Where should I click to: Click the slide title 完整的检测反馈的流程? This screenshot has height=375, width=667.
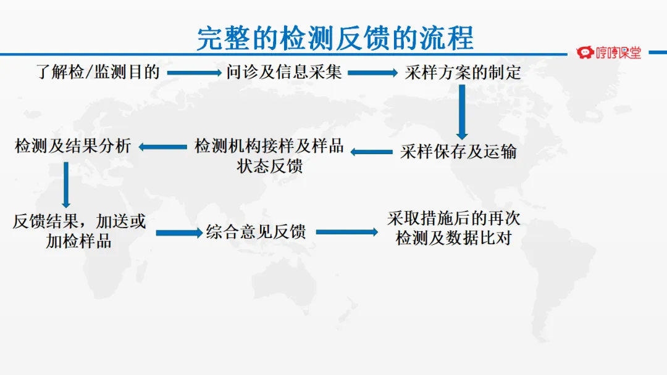(x=335, y=38)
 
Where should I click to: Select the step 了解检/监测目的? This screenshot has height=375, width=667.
(x=98, y=72)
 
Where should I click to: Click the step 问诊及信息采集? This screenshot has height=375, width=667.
(x=283, y=72)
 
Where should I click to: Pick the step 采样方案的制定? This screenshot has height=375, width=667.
(x=463, y=73)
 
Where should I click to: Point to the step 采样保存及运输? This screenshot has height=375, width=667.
(x=458, y=152)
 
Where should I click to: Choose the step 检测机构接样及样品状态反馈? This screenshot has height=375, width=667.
(x=269, y=156)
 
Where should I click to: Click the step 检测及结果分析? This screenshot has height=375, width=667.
(x=73, y=146)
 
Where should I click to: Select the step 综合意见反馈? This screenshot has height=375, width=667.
(x=256, y=232)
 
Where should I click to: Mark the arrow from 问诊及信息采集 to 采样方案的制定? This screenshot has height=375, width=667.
(x=373, y=73)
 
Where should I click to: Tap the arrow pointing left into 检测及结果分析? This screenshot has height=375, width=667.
(x=162, y=147)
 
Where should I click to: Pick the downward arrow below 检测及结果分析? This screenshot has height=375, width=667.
(x=66, y=184)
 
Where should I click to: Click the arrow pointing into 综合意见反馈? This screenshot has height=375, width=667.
(x=179, y=233)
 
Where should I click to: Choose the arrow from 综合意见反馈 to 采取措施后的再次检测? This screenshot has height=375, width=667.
(x=346, y=233)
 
